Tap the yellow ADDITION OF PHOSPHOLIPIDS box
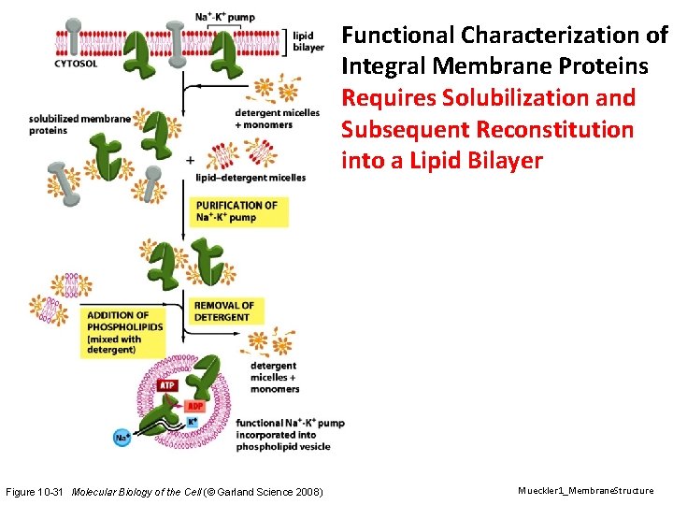pyautogui.click(x=122, y=332)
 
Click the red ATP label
pyautogui.click(x=167, y=385)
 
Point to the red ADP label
pyautogui.click(x=194, y=406)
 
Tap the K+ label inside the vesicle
pyautogui.click(x=191, y=422)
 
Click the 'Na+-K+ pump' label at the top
pyautogui.click(x=225, y=17)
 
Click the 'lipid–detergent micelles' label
pyautogui.click(x=251, y=178)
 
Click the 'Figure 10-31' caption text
pyautogui.click(x=35, y=492)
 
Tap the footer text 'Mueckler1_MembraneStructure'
pyautogui.click(x=585, y=491)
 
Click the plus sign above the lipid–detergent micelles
pyautogui.click(x=191, y=160)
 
